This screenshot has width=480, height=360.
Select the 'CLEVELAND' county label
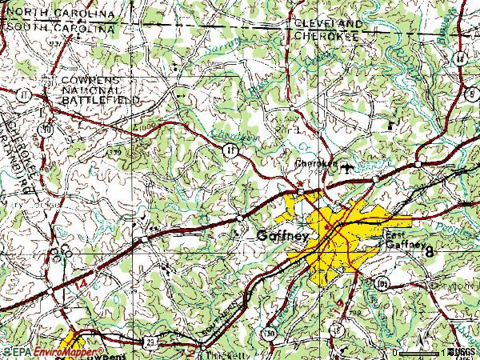click(x=327, y=25)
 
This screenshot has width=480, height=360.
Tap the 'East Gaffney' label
click(x=400, y=240)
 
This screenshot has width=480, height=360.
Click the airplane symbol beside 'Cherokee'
click(x=346, y=167)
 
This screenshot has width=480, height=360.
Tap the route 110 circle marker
click(x=48, y=128)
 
